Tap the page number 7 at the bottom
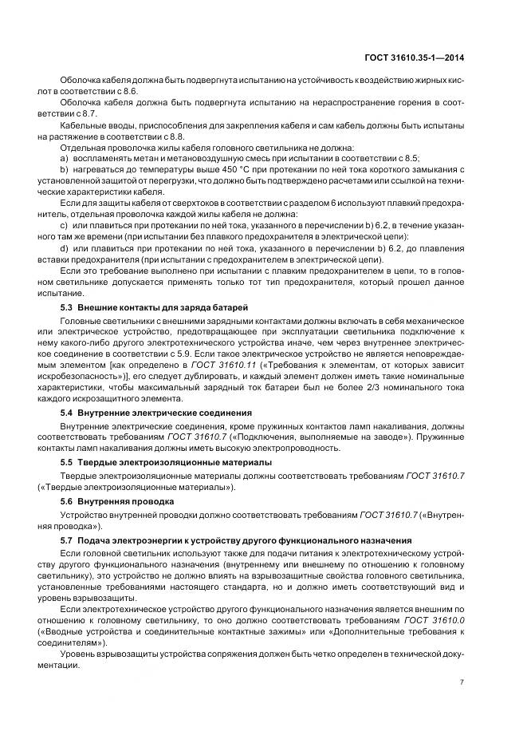[462, 682]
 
